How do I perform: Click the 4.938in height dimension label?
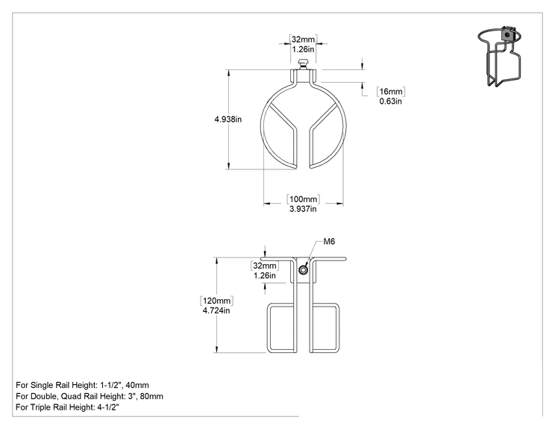point(228,119)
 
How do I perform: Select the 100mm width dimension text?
point(304,199)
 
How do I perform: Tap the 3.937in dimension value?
point(303,209)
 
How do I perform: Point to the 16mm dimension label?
point(391,91)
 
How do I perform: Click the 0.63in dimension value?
point(390,101)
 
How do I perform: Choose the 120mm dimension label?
point(216,301)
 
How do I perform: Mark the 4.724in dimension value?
point(216,310)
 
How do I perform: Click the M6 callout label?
point(329,242)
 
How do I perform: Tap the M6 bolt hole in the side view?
point(303,270)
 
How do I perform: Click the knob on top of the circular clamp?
point(303,64)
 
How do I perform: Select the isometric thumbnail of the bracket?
point(500,57)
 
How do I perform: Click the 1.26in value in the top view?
point(303,49)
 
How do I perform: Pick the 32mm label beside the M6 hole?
point(265,266)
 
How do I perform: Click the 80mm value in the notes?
point(151,396)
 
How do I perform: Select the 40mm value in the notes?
point(137,385)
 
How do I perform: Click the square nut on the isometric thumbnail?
point(507,34)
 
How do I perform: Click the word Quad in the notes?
point(72,396)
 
